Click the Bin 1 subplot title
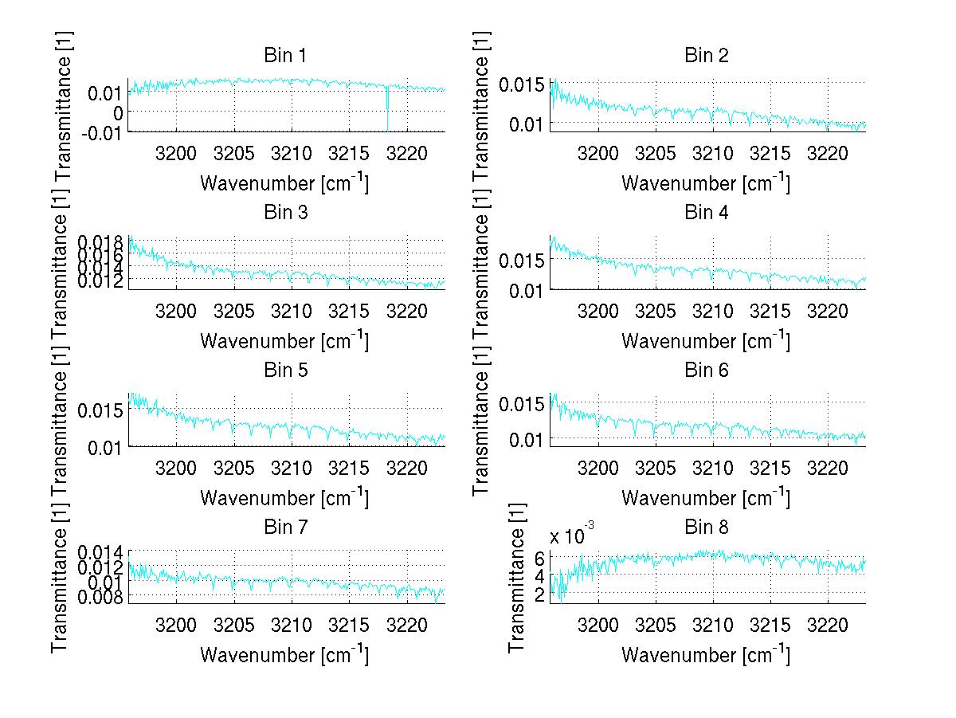pos(285,55)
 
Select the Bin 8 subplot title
pos(707,527)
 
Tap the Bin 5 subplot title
pos(285,370)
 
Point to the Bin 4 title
pos(707,212)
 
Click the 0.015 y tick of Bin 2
pos(522,84)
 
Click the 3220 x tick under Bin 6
pos(829,467)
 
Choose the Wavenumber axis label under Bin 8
pos(706,655)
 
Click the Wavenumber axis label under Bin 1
pos(284,183)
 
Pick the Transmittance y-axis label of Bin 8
pos(517,578)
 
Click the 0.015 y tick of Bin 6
pos(522,404)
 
